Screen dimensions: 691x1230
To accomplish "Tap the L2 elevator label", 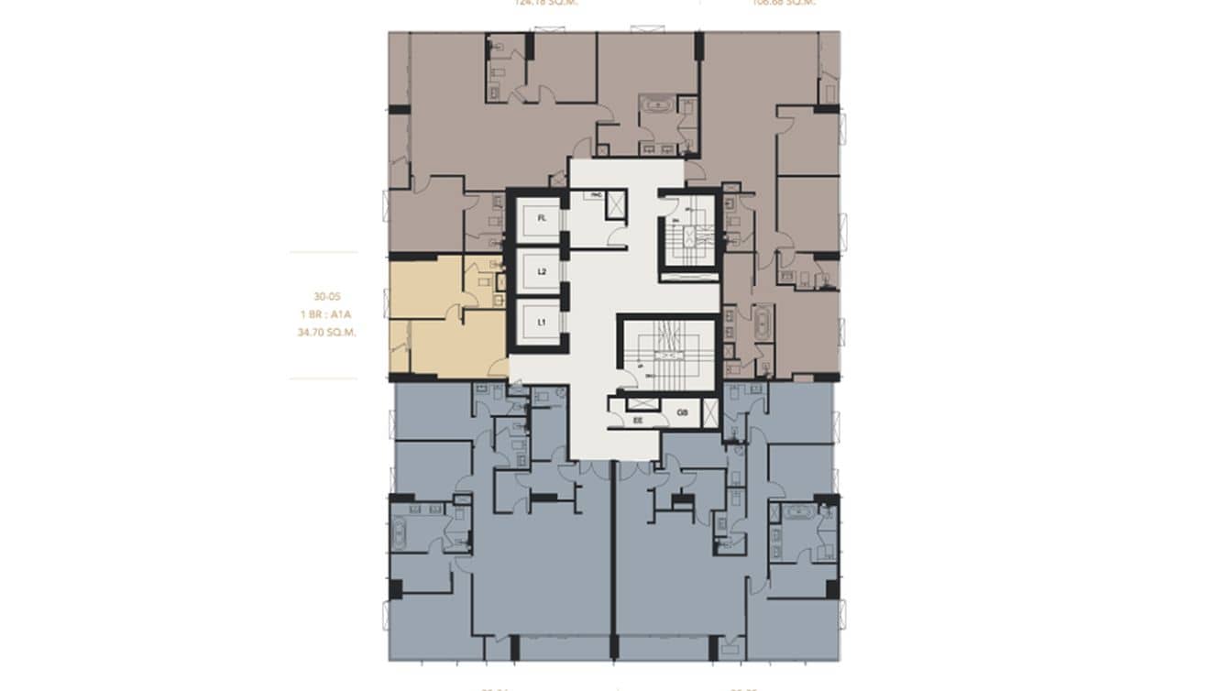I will [542, 272].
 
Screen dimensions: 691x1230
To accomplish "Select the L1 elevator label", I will [542, 323].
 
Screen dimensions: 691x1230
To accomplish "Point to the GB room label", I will [683, 413].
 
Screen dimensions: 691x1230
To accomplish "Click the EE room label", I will [639, 421].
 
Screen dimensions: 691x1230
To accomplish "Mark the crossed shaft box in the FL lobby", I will [617, 203].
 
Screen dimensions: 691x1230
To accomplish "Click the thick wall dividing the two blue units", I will [611, 559].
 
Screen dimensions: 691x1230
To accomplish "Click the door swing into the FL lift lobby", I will [618, 237].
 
